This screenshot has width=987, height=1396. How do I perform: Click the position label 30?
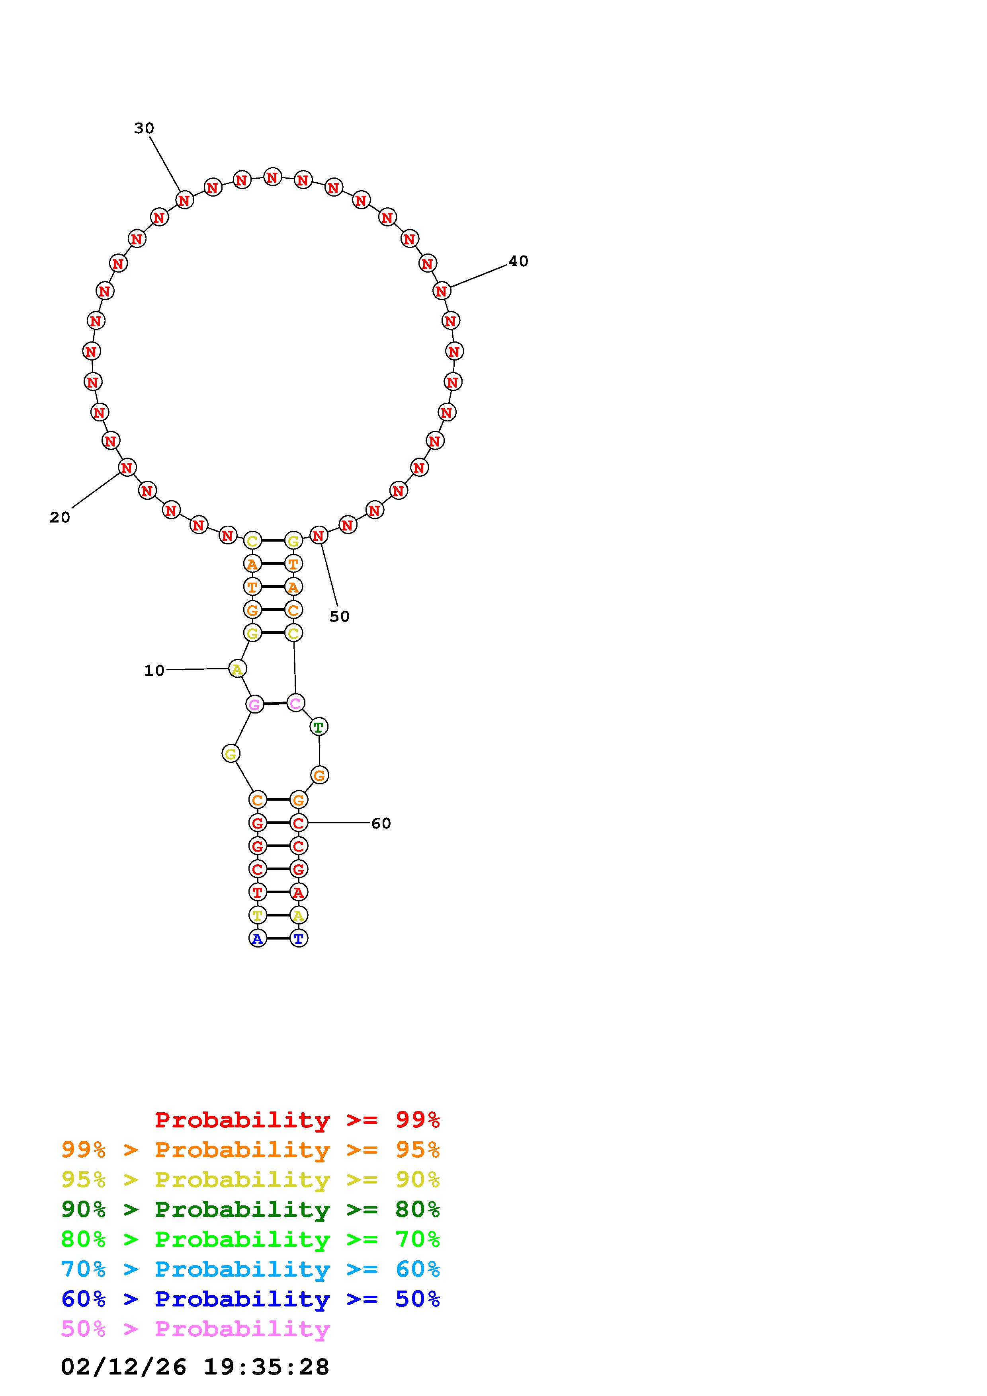[x=144, y=128]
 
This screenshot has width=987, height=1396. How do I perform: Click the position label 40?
[x=518, y=261]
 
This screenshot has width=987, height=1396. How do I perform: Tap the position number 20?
[x=60, y=517]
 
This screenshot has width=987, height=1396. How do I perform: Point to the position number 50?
[x=339, y=616]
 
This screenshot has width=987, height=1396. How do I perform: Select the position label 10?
[x=154, y=671]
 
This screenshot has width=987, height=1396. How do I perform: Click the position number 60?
[x=381, y=823]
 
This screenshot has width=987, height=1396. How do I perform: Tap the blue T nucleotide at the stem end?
[x=298, y=938]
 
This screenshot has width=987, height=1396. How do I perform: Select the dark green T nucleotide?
[x=319, y=727]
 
